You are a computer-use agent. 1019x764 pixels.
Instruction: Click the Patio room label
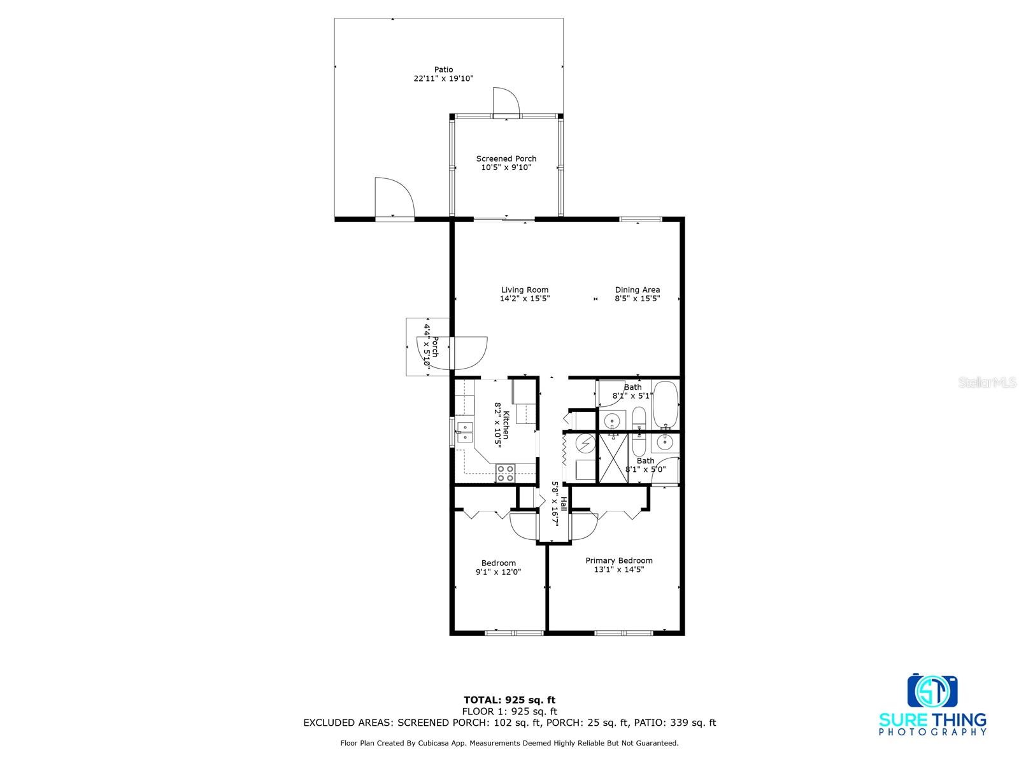coord(444,69)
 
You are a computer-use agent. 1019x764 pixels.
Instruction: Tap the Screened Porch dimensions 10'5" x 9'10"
coord(506,168)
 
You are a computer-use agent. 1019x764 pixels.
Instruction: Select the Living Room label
coord(524,290)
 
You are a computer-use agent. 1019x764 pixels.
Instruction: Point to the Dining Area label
coord(637,290)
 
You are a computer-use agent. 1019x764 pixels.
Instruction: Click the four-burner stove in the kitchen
coord(506,473)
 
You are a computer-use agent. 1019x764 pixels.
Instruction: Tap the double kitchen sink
coord(464,432)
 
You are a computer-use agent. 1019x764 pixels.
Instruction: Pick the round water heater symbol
coord(584,442)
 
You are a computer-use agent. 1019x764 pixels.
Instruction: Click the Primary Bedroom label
coord(619,561)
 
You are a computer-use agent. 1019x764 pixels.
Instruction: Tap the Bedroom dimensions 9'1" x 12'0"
coord(498,572)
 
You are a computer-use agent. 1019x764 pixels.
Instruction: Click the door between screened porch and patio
coord(506,104)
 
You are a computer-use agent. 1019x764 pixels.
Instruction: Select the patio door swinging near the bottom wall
coord(394,199)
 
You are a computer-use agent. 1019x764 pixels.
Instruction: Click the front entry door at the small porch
coord(469,353)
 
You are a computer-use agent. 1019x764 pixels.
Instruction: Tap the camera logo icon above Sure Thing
coord(932,691)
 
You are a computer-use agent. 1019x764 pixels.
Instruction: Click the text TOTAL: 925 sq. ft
coord(509,700)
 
